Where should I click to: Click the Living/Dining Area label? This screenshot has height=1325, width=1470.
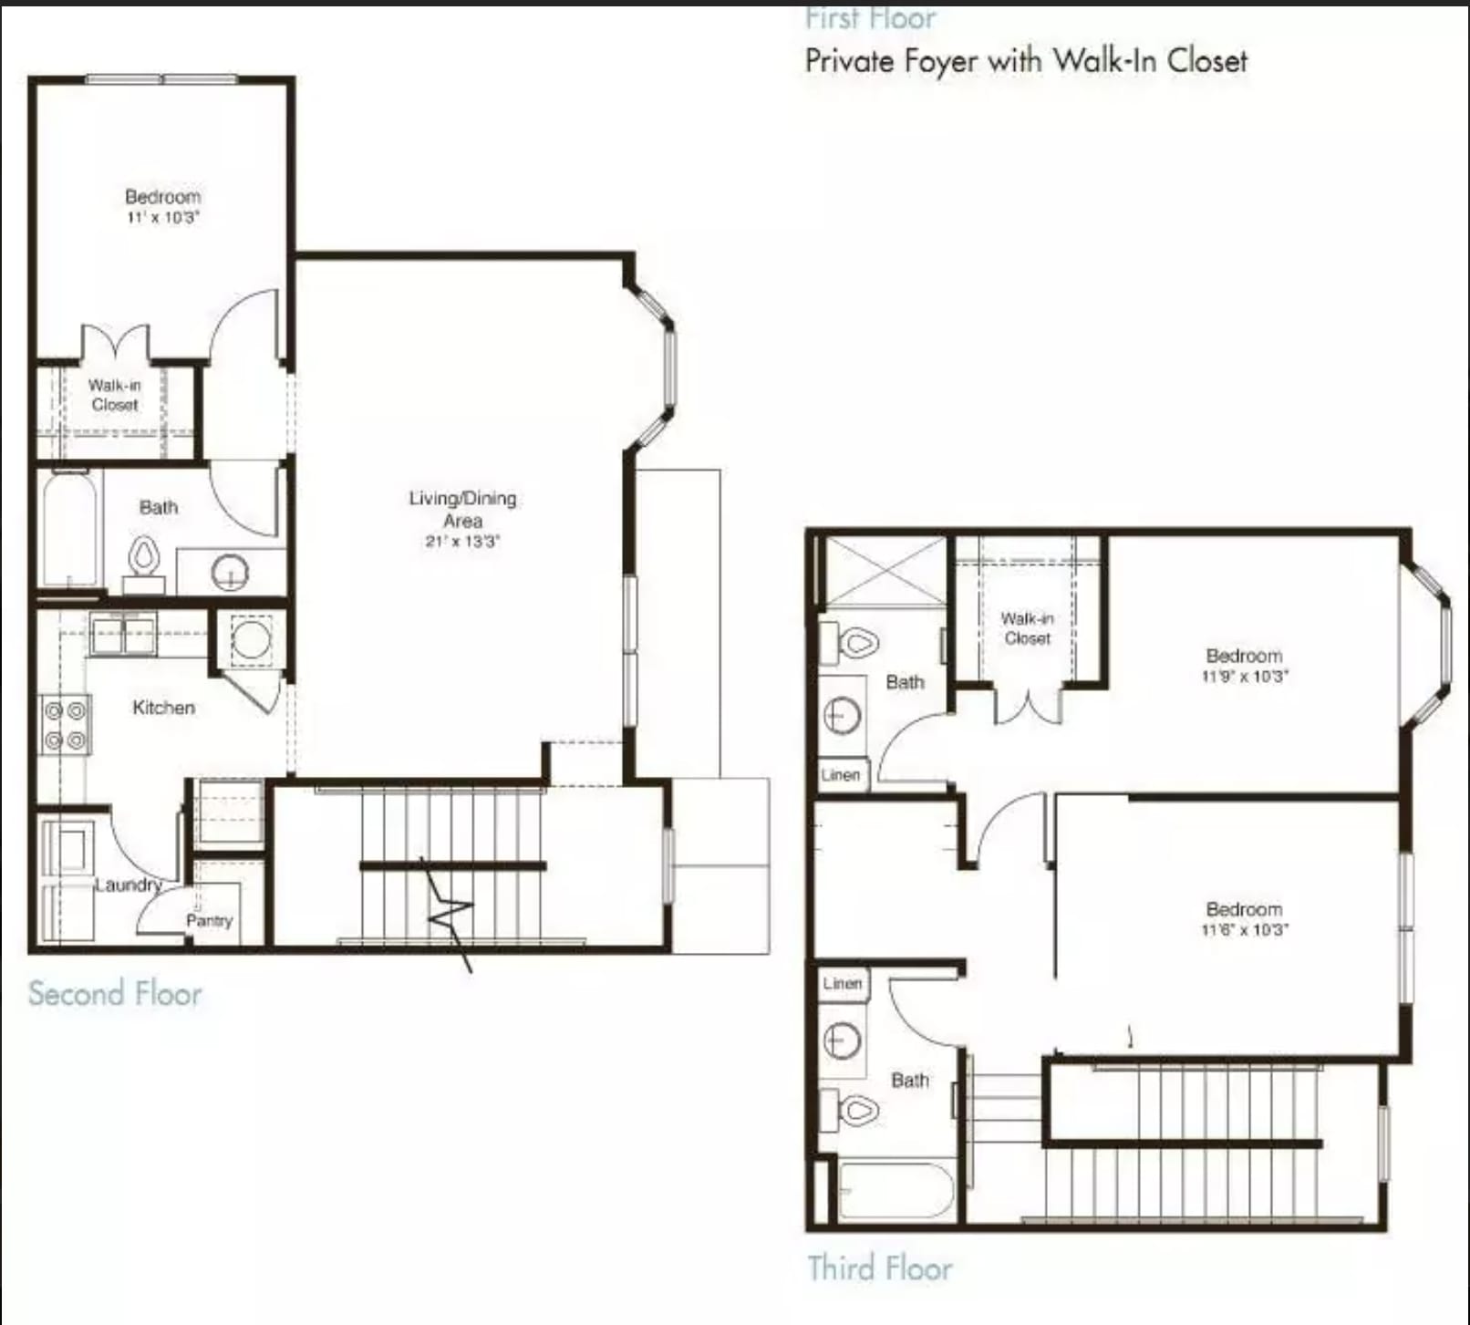pos(462,509)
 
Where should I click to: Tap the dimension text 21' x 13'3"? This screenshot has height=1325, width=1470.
pos(462,541)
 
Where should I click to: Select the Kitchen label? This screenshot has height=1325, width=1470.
pos(163,707)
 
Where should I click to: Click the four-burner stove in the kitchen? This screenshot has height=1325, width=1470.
pos(65,725)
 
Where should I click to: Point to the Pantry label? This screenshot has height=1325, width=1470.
pos(209,920)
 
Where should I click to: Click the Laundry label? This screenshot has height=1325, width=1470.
pos(128,885)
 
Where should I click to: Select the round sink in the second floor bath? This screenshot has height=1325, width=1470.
pos(230,573)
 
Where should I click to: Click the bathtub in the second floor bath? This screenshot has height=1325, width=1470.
pos(69,529)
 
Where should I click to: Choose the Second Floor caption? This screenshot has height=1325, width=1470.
pos(115,993)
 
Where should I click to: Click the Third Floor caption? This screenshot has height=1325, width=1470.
pos(880,1268)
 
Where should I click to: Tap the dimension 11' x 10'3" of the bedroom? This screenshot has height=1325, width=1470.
pos(162,218)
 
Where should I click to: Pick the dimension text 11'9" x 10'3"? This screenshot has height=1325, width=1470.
pos(1244,677)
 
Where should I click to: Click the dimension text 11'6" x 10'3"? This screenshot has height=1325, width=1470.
pos(1244,930)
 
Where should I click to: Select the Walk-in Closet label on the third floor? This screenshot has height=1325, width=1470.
pos(1027,628)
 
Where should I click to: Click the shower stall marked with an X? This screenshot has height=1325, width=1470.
pos(885,572)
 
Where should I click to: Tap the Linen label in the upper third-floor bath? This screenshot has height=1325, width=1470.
pos(840,775)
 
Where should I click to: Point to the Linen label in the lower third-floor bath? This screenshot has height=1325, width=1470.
pos(842,983)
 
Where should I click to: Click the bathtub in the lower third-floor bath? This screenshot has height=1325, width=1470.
pos(895,1191)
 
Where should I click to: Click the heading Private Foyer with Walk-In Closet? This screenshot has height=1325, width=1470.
pos(1026,61)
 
